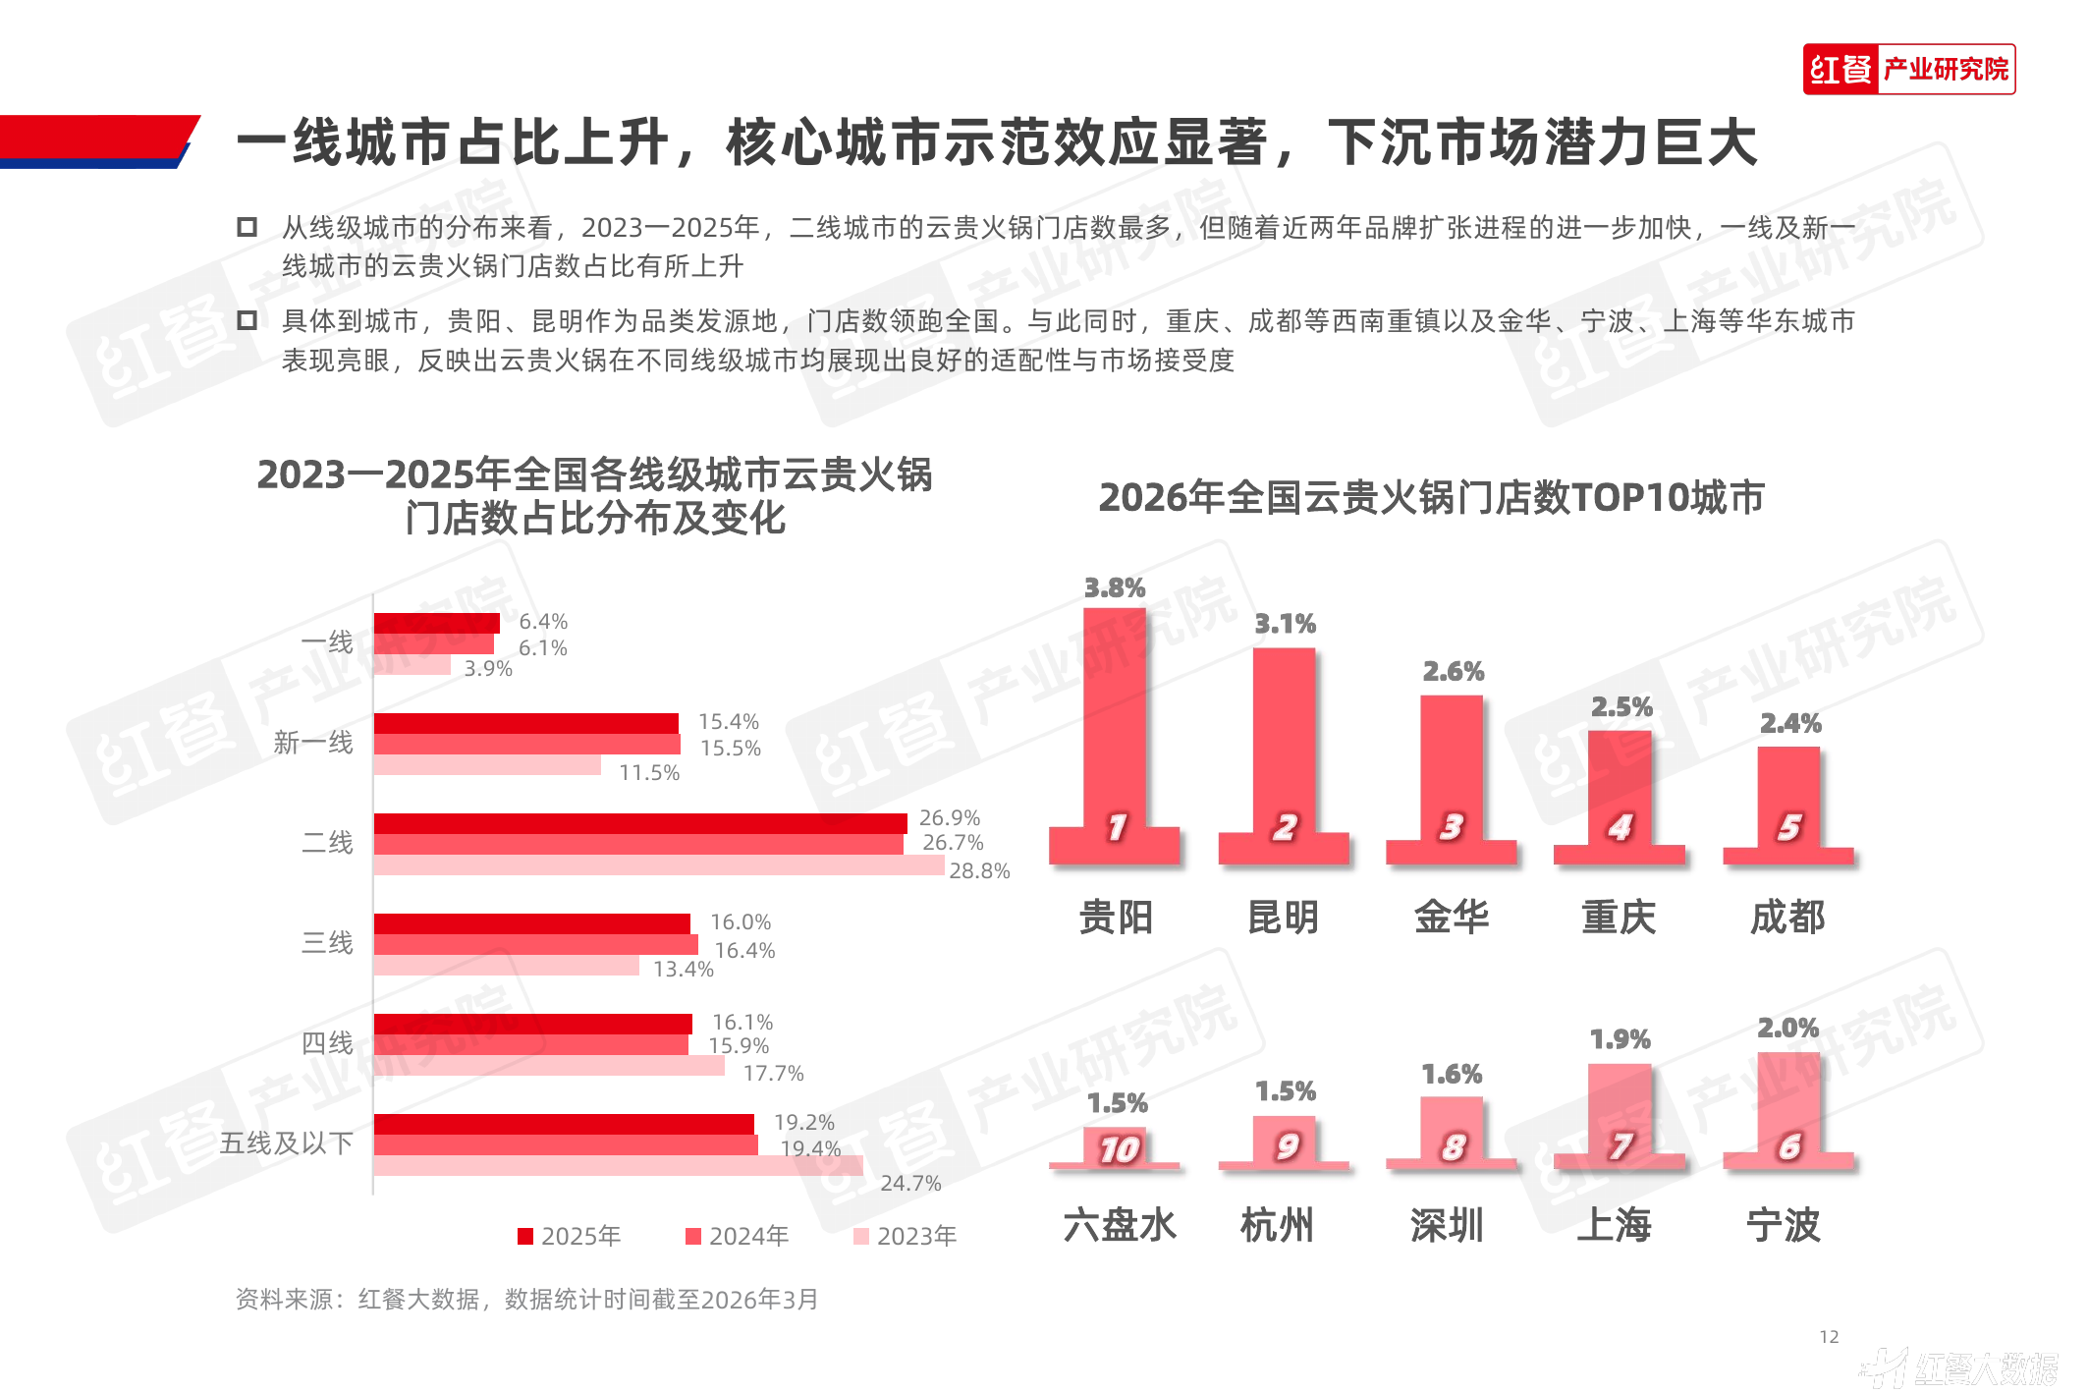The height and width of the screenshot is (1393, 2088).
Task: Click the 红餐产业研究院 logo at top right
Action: point(1908,69)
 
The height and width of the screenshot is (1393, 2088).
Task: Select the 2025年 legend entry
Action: point(570,1235)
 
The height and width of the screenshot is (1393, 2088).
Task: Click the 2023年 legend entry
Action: point(906,1235)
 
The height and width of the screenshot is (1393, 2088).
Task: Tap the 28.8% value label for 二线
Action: point(979,870)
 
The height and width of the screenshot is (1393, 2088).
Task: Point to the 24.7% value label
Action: point(910,1183)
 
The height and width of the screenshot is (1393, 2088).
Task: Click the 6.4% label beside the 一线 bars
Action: point(543,621)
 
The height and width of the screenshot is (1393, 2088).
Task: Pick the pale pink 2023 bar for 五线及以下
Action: point(618,1166)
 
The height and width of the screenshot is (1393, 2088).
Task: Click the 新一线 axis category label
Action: point(313,743)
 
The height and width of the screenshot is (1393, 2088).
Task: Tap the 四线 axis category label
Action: point(327,1042)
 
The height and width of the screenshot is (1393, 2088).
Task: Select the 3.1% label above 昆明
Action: point(1285,624)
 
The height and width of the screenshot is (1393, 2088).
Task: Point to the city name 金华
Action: point(1452,917)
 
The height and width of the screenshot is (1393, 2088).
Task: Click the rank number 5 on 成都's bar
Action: point(1789,827)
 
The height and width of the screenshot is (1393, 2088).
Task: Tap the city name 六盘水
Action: point(1119,1225)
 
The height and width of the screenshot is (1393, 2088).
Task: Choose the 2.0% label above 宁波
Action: point(1787,1028)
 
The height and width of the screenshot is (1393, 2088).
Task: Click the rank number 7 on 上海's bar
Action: point(1621,1145)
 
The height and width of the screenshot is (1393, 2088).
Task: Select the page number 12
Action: point(1829,1336)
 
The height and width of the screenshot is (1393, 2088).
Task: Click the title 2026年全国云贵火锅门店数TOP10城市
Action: point(1431,497)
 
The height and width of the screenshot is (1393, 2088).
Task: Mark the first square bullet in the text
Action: point(247,228)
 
